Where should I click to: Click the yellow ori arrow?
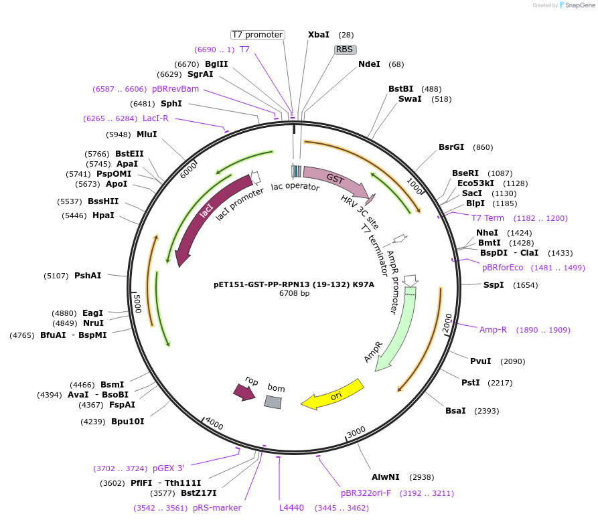(x=333, y=396)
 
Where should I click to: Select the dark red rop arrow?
(x=244, y=392)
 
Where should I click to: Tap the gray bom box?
(x=273, y=402)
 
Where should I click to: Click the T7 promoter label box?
(x=257, y=35)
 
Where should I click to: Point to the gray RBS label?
(x=344, y=50)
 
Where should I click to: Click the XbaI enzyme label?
(x=318, y=35)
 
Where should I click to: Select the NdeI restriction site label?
(x=369, y=64)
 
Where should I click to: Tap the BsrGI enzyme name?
(x=451, y=147)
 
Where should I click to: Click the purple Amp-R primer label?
(x=493, y=329)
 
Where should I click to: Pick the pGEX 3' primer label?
(x=168, y=468)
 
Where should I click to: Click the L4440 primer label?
(x=291, y=508)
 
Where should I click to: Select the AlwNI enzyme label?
(x=386, y=477)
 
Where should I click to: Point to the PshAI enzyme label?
(x=88, y=276)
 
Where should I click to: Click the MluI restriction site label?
(x=147, y=134)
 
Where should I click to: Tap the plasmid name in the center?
(x=294, y=284)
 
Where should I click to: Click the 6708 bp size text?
(x=294, y=293)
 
